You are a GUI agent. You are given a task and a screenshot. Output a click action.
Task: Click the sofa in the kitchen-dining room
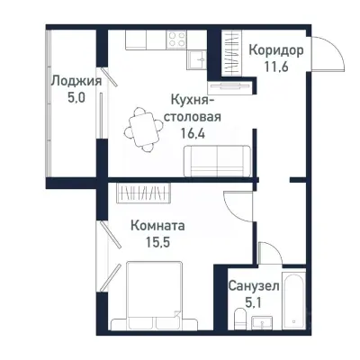[x=216, y=162]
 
